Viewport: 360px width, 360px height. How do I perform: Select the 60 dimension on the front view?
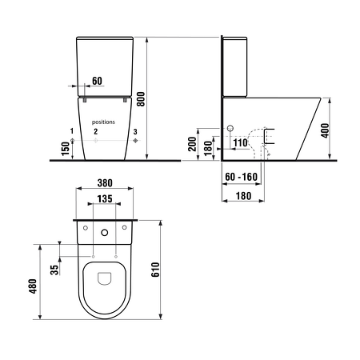96,81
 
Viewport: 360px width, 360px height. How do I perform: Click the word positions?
104,122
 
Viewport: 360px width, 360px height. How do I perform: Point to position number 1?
71,130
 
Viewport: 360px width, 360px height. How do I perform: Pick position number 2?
95,130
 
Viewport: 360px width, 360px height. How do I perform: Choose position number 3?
135,130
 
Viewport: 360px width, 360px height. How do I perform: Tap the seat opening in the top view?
105,278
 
